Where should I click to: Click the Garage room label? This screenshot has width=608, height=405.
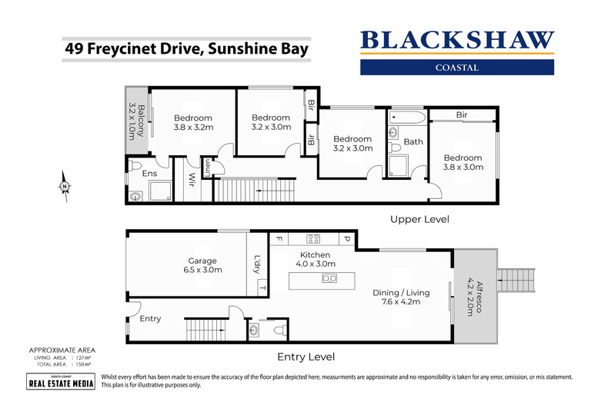click(x=202, y=265)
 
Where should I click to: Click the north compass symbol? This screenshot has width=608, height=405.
click(x=65, y=185)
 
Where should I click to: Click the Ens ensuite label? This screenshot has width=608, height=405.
click(x=149, y=174)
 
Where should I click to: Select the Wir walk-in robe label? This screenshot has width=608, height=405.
click(x=191, y=181)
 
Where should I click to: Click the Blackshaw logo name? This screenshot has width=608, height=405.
click(x=457, y=40)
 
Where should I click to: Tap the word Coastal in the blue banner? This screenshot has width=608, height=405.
click(x=457, y=67)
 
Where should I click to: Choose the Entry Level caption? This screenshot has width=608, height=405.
click(x=306, y=357)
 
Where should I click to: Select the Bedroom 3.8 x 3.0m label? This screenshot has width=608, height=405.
click(x=463, y=162)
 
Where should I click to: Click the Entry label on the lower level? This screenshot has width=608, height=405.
click(x=150, y=318)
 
